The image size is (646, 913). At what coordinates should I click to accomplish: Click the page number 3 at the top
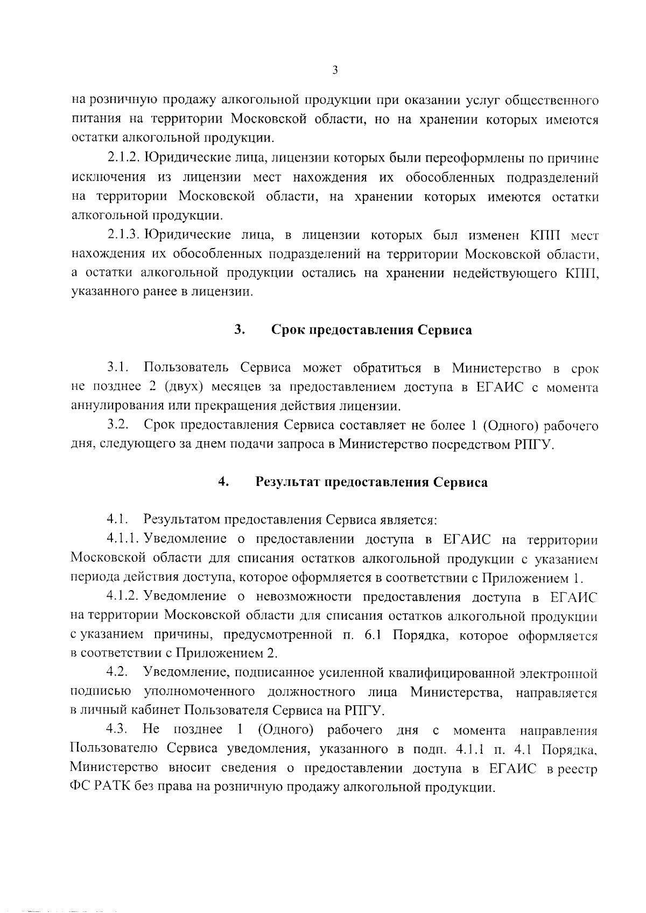point(334,70)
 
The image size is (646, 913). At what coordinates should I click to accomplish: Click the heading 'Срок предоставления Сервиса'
point(371,330)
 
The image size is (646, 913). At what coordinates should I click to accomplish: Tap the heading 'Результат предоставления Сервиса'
point(371,482)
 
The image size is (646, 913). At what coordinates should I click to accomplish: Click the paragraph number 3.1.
point(117,368)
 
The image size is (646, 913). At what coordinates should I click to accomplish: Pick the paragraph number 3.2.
point(117,426)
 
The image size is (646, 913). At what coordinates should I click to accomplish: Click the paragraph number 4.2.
point(117,673)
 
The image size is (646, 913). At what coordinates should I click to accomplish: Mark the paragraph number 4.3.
point(117,730)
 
